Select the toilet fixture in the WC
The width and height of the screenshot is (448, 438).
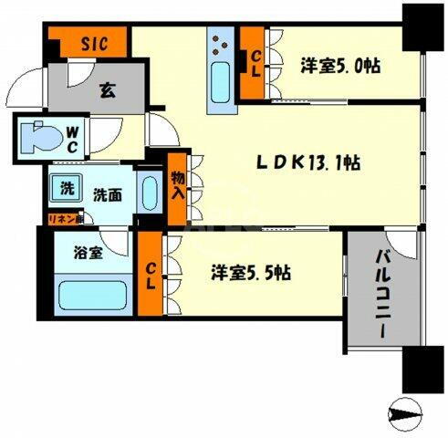pyautogui.click(x=37, y=141)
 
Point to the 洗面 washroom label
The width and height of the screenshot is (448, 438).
pyautogui.click(x=106, y=193)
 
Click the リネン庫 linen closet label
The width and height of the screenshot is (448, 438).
pyautogui.click(x=65, y=218)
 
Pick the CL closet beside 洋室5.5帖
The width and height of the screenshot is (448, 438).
pyautogui.click(x=151, y=274)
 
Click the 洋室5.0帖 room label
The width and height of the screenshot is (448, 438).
pyautogui.click(x=339, y=67)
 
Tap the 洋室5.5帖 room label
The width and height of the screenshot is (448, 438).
pyautogui.click(x=252, y=272)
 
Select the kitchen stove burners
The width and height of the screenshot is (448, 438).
pyautogui.click(x=223, y=41)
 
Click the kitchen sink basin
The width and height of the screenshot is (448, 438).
pyautogui.click(x=222, y=84)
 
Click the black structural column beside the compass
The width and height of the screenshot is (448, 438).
pyautogui.click(x=421, y=370)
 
